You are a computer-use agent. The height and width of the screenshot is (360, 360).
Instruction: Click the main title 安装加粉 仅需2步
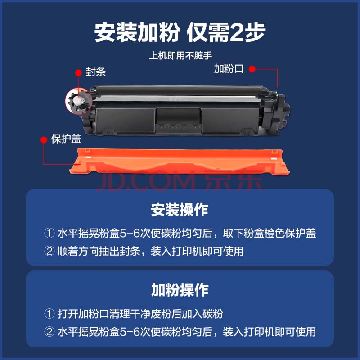[x=180, y=32]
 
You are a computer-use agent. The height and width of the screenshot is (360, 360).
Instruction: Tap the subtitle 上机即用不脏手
[x=180, y=55]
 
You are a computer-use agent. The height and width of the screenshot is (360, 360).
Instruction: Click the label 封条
[x=96, y=72]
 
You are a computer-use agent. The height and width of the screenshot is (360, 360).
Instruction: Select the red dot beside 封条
[x=78, y=73]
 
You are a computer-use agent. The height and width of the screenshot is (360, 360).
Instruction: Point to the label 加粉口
[x=229, y=69]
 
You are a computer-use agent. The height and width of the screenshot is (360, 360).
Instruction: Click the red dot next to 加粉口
[x=252, y=69]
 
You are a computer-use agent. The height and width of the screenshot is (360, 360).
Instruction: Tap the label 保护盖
[x=66, y=139]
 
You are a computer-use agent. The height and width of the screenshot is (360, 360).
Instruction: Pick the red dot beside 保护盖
[x=44, y=139]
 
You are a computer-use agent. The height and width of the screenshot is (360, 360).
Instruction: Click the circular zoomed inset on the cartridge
[x=78, y=102]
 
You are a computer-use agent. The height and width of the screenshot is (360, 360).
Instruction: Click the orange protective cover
[x=179, y=161]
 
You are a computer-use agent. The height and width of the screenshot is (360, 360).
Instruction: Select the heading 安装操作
[x=180, y=210]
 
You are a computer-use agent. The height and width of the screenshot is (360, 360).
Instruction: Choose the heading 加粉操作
[x=180, y=290]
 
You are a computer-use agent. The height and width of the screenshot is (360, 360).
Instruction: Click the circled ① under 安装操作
[x=49, y=233]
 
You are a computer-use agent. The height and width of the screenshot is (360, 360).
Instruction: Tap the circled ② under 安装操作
[x=49, y=251]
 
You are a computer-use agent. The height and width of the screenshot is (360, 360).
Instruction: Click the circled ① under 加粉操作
[x=49, y=314]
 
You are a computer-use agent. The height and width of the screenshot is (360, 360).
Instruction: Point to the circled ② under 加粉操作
[x=49, y=332]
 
